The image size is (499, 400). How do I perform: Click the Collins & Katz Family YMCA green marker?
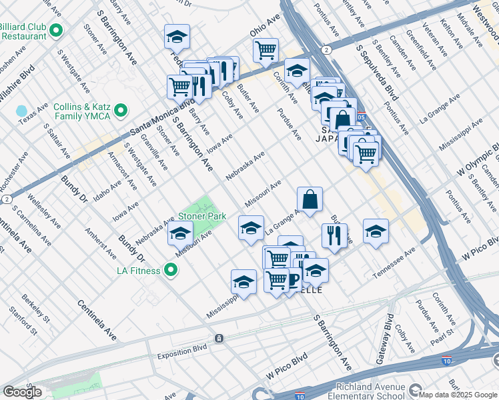coord(121,110)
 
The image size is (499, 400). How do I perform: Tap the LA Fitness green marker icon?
coord(171,271)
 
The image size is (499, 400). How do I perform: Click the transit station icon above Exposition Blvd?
coord(219,339)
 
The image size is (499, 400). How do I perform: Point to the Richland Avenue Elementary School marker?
coord(416,390)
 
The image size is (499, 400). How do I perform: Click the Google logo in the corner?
coord(22,392)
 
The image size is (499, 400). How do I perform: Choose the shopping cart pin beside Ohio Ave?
coord(266,50)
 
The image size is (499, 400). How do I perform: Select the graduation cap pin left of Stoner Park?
coord(180,234)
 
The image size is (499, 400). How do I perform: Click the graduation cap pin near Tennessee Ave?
coord(376,231)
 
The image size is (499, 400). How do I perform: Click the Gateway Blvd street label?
coord(389,333)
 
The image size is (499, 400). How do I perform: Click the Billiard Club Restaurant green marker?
coord(56,30)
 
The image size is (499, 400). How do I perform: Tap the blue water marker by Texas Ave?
coord(22,111)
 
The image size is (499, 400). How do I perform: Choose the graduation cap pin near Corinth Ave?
coord(297,70)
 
